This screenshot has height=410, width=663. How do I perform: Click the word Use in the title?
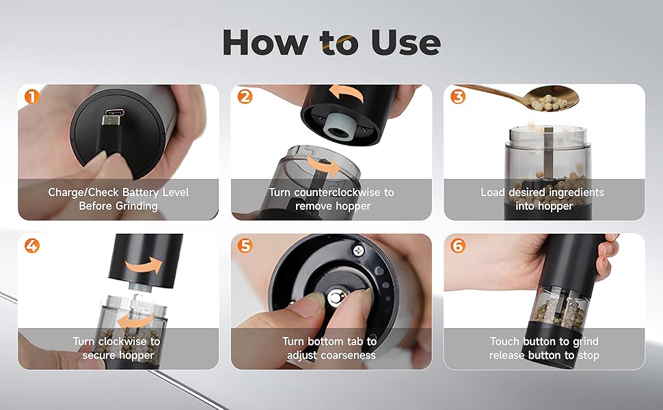click(x=406, y=42)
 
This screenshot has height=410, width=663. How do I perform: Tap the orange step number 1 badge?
click(x=31, y=96)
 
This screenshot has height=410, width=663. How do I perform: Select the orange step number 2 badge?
click(x=245, y=96)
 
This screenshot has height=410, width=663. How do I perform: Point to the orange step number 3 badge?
click(x=458, y=96)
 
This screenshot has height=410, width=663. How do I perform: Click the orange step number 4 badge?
click(x=31, y=245)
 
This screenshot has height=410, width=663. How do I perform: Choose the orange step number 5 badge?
click(x=245, y=245)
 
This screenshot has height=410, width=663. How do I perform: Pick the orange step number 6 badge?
click(x=458, y=245)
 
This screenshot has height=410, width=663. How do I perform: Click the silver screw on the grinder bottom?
click(x=359, y=250)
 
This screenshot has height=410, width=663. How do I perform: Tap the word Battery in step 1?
click(x=139, y=192)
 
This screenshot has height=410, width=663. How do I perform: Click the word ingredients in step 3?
click(x=577, y=193)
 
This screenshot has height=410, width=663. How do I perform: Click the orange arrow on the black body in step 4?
click(x=144, y=266)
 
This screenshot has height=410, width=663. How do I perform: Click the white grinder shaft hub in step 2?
click(x=338, y=126)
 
